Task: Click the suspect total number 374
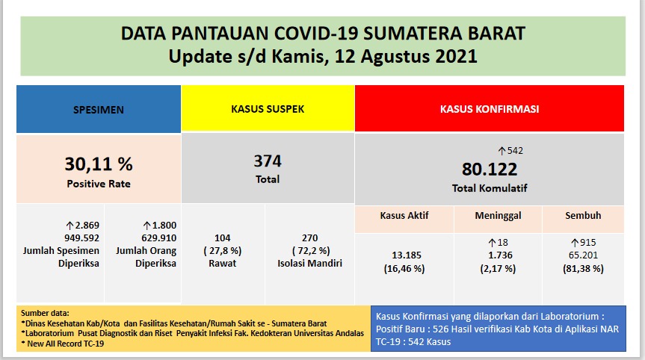pyautogui.click(x=268, y=161)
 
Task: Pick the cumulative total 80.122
pyautogui.click(x=490, y=169)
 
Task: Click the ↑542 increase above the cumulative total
pyautogui.click(x=510, y=151)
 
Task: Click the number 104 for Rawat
pyautogui.click(x=223, y=238)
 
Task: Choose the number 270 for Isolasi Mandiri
pyautogui.click(x=309, y=238)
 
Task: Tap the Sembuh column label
pyautogui.click(x=583, y=216)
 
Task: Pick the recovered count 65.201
pyautogui.click(x=583, y=255)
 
